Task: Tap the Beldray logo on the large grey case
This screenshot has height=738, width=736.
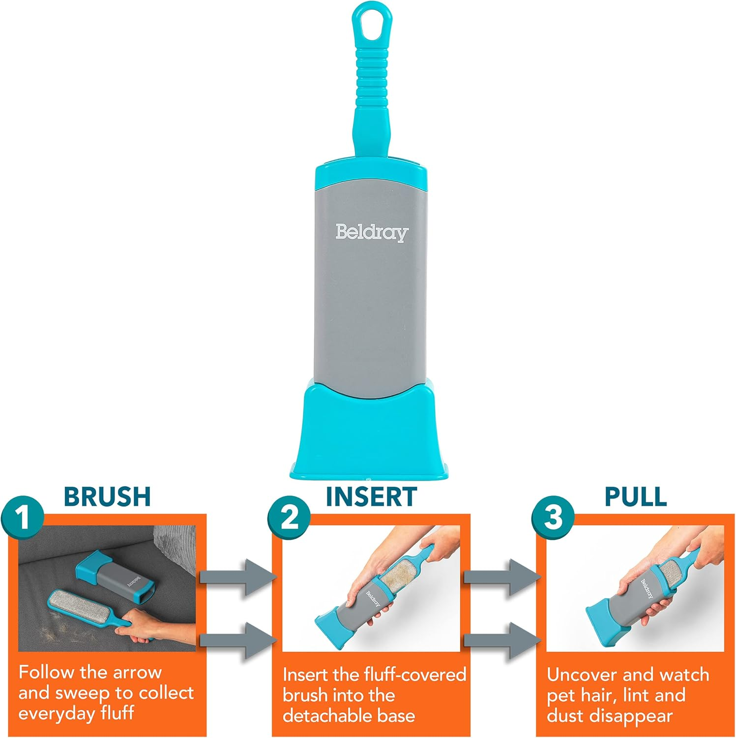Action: point(372,232)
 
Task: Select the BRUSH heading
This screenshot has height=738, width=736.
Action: point(107,497)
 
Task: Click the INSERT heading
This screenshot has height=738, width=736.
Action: point(371,497)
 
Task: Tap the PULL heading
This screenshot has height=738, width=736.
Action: point(635,497)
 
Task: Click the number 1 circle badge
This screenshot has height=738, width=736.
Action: point(23,518)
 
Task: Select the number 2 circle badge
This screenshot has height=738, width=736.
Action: point(289,518)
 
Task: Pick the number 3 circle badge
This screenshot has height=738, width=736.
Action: point(553,518)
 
